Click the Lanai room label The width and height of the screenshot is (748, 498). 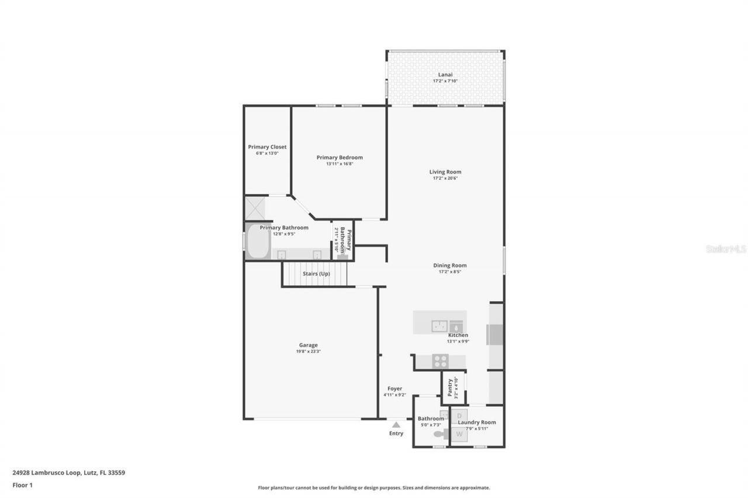[445, 75]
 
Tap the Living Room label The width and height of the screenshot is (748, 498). [445, 172]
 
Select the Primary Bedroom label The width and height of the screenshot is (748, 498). [340, 158]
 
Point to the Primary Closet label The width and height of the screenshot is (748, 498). [267, 147]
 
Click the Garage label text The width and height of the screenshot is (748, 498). [308, 345]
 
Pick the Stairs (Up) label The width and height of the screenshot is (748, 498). [316, 274]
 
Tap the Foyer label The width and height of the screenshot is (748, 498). [394, 389]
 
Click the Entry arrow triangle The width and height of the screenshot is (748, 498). [396, 424]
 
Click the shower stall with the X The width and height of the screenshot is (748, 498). [255, 207]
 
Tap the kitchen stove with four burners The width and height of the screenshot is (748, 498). [440, 361]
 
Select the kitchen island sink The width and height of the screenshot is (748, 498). [439, 326]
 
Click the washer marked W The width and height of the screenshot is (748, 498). [459, 434]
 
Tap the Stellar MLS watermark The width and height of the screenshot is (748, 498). [726, 249]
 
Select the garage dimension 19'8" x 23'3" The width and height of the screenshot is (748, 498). [308, 351]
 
